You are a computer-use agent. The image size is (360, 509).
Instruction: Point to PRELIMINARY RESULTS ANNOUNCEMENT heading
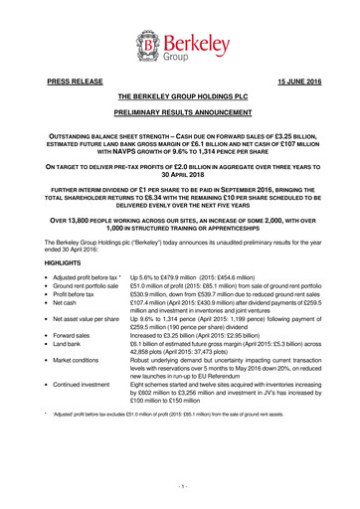pyautogui.click(x=179, y=115)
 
